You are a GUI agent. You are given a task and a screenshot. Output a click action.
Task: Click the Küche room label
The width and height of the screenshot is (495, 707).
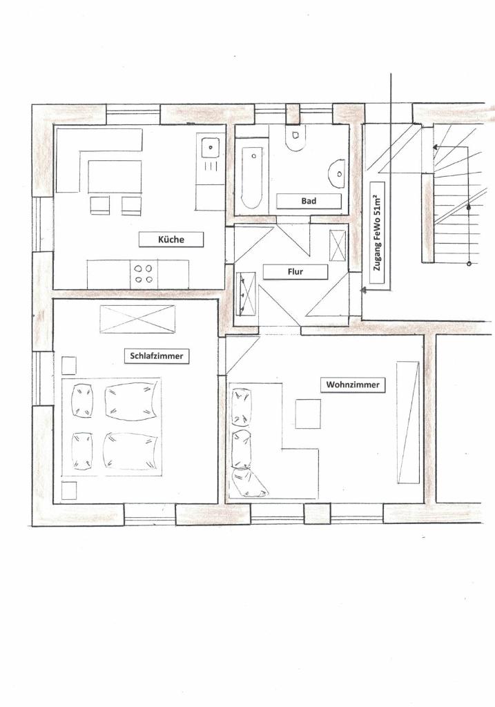(171, 240)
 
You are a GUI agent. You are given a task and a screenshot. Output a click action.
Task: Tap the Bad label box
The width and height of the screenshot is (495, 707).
(309, 201)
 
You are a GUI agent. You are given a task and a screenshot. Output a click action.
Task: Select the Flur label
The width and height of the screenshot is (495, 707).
(295, 272)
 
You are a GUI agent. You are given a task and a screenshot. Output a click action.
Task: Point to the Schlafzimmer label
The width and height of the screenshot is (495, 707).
(157, 356)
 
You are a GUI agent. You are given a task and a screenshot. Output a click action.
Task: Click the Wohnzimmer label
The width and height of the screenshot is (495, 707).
(353, 385)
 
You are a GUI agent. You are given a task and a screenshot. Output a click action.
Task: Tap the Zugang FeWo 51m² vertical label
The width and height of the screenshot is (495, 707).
(378, 233)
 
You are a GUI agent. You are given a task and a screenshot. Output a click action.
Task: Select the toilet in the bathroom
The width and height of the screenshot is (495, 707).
(295, 138)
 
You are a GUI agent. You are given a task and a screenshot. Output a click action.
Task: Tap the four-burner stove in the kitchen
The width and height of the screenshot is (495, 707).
(144, 274)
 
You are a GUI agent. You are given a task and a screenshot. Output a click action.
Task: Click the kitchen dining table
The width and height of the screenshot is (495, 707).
(115, 176)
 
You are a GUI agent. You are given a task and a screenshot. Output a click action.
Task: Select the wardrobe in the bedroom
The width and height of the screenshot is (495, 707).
(137, 319)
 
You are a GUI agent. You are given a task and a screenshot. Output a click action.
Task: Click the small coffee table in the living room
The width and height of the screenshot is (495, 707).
(308, 414)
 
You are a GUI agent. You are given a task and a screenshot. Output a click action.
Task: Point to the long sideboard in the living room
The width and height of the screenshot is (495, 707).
(408, 423)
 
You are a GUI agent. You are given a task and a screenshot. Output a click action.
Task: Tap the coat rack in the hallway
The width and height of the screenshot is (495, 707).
(246, 293)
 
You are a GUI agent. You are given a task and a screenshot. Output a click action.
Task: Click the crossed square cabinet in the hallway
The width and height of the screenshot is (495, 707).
(338, 245)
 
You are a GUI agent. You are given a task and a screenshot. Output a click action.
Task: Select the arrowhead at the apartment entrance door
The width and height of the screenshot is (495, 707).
(363, 291)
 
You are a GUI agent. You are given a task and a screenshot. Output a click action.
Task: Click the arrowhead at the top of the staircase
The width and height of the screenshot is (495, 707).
(436, 147)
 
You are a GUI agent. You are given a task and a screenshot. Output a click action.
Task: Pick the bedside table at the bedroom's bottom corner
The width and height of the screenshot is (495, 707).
(69, 491)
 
